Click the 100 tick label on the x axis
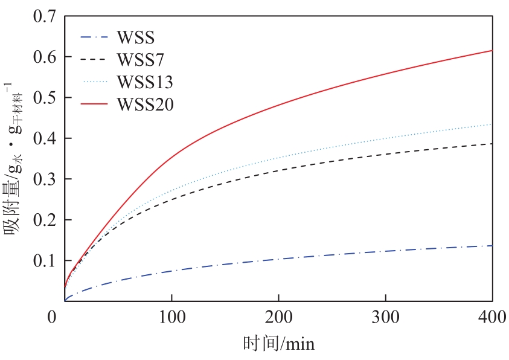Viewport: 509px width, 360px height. (171, 317)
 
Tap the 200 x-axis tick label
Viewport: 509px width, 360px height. (278, 317)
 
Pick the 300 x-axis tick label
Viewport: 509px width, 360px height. (386, 317)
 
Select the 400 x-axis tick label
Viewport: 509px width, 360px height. (491, 317)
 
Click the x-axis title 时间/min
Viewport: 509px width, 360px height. (278, 344)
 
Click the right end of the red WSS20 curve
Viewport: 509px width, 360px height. (492, 50)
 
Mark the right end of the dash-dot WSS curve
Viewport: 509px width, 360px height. (492, 245)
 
